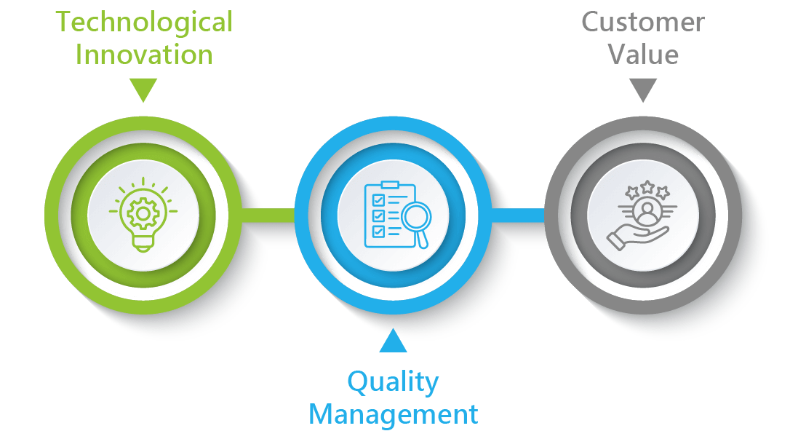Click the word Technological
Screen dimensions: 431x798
coord(144,23)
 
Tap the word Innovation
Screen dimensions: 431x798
coord(144,55)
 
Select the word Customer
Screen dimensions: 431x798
coord(643,23)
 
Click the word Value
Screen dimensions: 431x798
coord(644,55)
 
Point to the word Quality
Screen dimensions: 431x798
coord(393,381)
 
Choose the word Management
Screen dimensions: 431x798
coord(393,414)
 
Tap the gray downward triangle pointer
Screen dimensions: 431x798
coord(643,90)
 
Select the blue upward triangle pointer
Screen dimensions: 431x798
coord(393,341)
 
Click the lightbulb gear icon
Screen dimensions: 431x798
coord(143,215)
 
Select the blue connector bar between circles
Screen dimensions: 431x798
coord(517,215)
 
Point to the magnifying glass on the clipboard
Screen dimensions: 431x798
coord(417,218)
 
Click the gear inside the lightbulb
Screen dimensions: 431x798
coord(143,213)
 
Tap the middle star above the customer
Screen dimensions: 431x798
coord(646,188)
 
